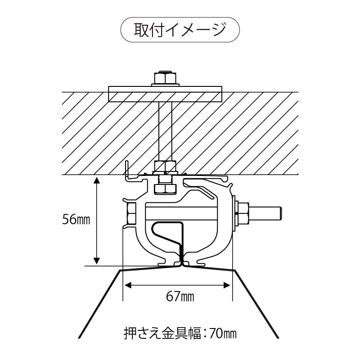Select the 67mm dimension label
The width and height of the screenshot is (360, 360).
[x=180, y=296]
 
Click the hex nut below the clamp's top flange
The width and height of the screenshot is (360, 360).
[x=165, y=188]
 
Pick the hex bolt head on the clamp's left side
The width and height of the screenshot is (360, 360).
[x=131, y=214]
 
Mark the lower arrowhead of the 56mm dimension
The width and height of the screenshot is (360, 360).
[x=96, y=261]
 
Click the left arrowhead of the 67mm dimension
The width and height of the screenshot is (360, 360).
[x=127, y=284]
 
